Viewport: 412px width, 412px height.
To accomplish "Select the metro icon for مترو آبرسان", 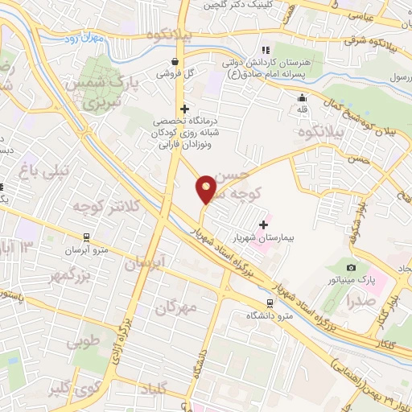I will pyautogui.click(x=84, y=237).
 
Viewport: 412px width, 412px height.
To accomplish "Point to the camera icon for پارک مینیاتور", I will pyautogui.click(x=351, y=267).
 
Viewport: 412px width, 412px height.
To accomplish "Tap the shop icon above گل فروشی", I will pyautogui.click(x=175, y=61).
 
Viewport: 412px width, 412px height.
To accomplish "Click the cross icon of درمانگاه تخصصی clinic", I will pyautogui.click(x=184, y=109).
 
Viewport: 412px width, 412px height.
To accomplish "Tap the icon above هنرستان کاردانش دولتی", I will pyautogui.click(x=266, y=51).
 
